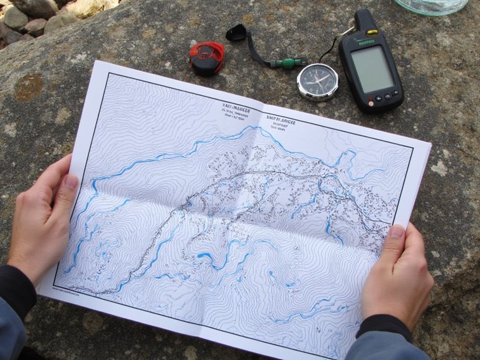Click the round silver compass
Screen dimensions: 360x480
pos(318,81)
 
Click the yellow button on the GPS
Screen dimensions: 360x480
pos(372,33)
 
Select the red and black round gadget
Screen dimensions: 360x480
pos(207,58)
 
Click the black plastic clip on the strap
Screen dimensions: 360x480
pos(236,33)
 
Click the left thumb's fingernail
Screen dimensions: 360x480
pos(71,182)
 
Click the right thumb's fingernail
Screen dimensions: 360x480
pos(397,231)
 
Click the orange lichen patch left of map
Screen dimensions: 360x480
pos(28,87)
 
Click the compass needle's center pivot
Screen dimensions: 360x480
pos(318,81)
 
